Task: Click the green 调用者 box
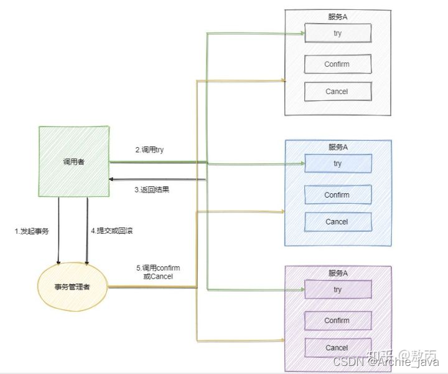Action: (x=74, y=161)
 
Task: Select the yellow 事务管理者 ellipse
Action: (x=73, y=287)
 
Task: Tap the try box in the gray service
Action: (x=337, y=32)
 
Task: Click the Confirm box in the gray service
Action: (x=337, y=64)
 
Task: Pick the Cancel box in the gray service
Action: (x=337, y=92)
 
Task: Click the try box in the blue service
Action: (x=337, y=163)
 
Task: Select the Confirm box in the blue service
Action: (x=337, y=194)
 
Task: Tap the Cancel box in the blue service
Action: (x=337, y=222)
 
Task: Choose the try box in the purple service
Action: (x=337, y=289)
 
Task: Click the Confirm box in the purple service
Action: (x=337, y=320)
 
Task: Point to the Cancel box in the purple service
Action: (x=337, y=348)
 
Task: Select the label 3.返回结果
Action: (x=152, y=189)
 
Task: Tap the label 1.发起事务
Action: (x=32, y=231)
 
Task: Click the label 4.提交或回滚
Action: (x=112, y=231)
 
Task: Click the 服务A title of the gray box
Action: (x=338, y=16)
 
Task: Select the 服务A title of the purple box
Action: (x=338, y=273)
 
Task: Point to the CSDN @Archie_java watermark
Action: (x=386, y=362)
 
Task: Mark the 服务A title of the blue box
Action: (x=338, y=147)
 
